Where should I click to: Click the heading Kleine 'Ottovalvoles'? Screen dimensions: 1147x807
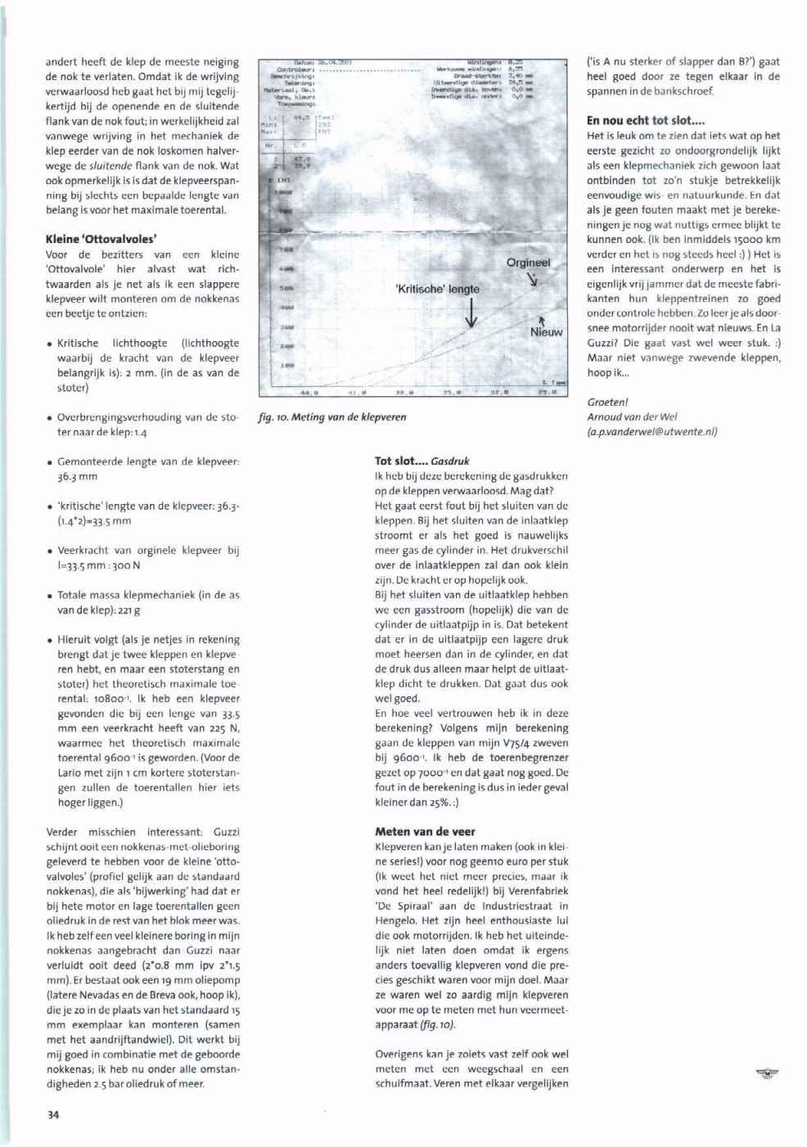click(101, 240)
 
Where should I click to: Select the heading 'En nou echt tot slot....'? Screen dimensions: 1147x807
click(646, 120)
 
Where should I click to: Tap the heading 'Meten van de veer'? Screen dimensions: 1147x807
click(425, 831)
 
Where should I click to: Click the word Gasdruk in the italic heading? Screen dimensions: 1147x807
click(450, 461)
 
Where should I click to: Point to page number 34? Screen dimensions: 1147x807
click(53, 1114)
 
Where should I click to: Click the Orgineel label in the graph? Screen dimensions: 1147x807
click(528, 263)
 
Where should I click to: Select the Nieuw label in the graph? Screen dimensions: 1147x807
click(546, 332)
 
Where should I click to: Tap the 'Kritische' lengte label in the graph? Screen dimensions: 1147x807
click(437, 289)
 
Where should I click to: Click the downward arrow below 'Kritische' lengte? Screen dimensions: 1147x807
click(471, 313)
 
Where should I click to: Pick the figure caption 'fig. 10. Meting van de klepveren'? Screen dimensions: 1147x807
click(332, 417)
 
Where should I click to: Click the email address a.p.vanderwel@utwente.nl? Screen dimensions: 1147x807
click(652, 432)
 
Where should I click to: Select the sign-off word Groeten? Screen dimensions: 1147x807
click(608, 403)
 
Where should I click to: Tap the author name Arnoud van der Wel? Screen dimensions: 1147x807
click(632, 417)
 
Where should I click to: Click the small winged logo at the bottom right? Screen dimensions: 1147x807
click(766, 1073)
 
